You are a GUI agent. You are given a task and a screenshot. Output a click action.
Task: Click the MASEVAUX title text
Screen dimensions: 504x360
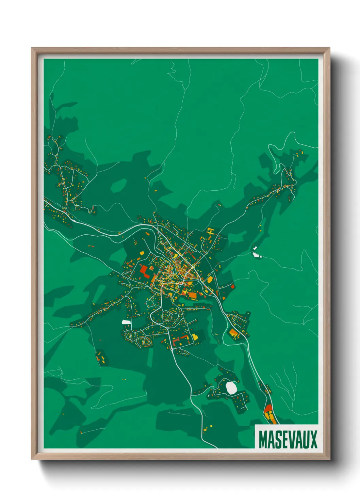(288, 440)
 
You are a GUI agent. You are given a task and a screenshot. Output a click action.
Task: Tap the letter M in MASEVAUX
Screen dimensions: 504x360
(263, 440)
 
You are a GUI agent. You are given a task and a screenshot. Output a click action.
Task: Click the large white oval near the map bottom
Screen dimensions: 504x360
(231, 388)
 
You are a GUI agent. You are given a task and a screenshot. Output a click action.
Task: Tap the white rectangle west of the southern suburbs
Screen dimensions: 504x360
(126, 322)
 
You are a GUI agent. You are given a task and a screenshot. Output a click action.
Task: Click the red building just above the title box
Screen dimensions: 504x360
(268, 408)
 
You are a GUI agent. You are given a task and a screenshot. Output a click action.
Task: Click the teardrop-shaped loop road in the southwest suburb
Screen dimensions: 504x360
(147, 342)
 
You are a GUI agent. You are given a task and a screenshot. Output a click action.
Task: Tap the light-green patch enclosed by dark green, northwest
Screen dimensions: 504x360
(118, 185)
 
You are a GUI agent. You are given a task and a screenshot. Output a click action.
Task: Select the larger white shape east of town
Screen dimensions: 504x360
(256, 254)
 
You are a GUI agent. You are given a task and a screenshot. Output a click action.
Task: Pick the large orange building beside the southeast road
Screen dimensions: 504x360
(234, 333)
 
